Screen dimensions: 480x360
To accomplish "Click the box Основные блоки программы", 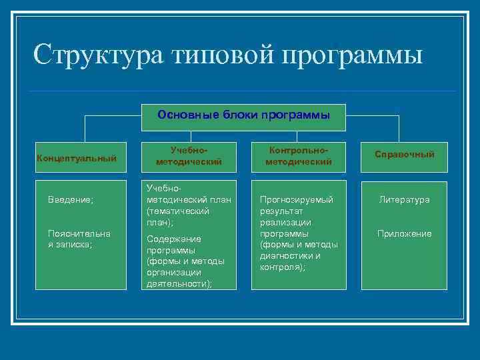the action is (x=243, y=115).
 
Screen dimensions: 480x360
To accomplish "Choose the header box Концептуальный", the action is (x=77, y=158).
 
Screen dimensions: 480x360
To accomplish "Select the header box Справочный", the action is (x=404, y=155).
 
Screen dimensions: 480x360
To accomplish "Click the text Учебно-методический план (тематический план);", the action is (x=178, y=205).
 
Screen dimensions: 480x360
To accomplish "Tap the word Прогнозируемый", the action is (x=295, y=199).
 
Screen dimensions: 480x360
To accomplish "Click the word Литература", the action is (x=404, y=199).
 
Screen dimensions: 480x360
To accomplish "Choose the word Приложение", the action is (x=404, y=233).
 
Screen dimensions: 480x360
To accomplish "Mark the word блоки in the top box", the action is (x=231, y=115).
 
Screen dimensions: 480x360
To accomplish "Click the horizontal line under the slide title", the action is (x=243, y=91).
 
